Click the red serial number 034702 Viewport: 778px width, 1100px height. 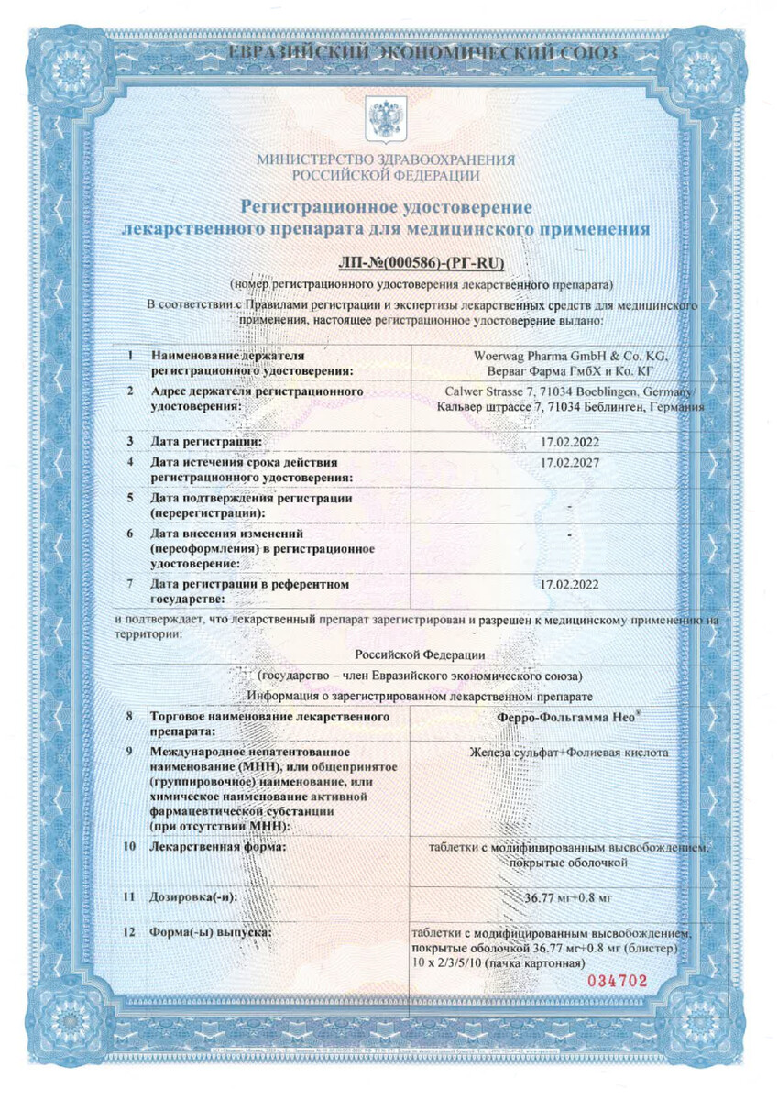coord(617,981)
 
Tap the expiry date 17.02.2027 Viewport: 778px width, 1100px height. coord(569,462)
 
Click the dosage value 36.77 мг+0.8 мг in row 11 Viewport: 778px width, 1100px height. coord(569,899)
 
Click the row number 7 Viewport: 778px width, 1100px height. coord(130,583)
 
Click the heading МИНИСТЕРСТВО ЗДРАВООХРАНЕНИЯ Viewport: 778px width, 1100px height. coord(385,159)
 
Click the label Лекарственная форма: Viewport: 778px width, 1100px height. coord(218,847)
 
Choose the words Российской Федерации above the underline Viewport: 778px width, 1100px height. coord(421,655)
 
